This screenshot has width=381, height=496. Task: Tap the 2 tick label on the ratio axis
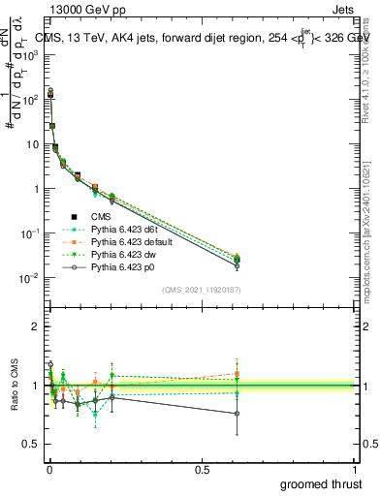37,326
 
